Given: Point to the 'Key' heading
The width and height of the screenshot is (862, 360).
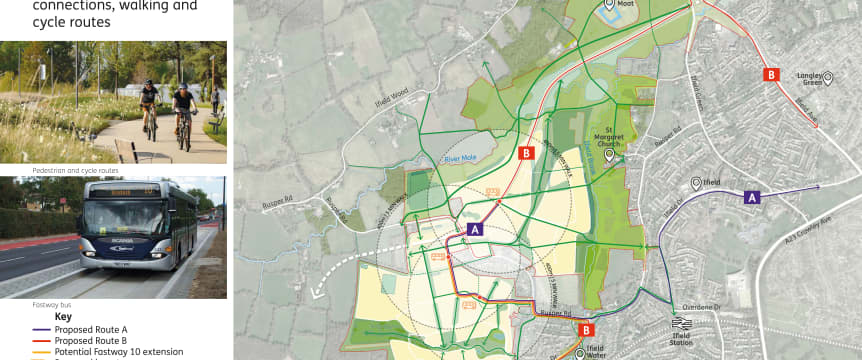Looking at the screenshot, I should (63, 317).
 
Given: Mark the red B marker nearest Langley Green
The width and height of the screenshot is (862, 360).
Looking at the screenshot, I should (771, 74).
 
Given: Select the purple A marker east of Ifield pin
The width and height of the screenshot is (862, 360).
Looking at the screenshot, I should (751, 198).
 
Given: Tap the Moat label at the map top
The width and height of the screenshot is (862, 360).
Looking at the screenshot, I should (627, 3).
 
